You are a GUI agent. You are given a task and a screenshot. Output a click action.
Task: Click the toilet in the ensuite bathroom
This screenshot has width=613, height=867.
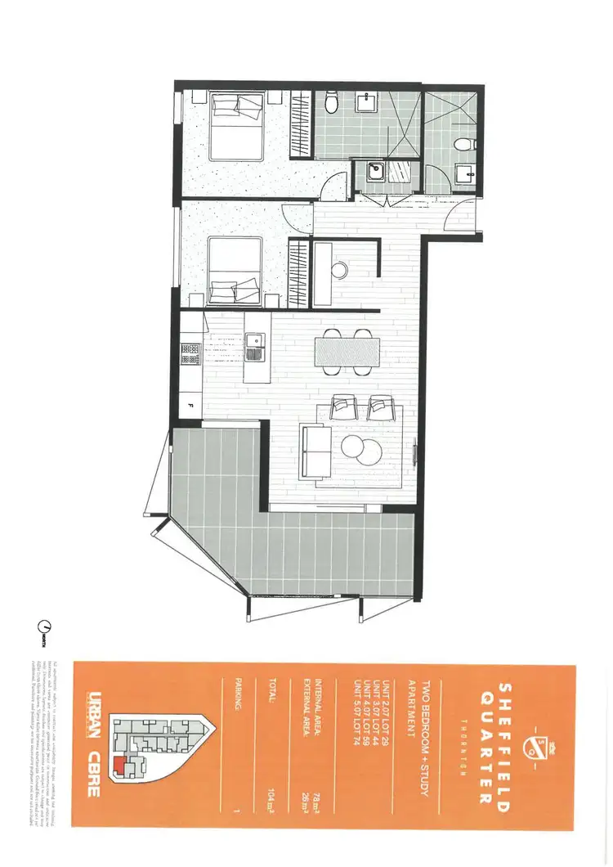point(332,103)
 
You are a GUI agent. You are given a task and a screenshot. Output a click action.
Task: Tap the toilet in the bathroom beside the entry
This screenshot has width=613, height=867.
point(467,145)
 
